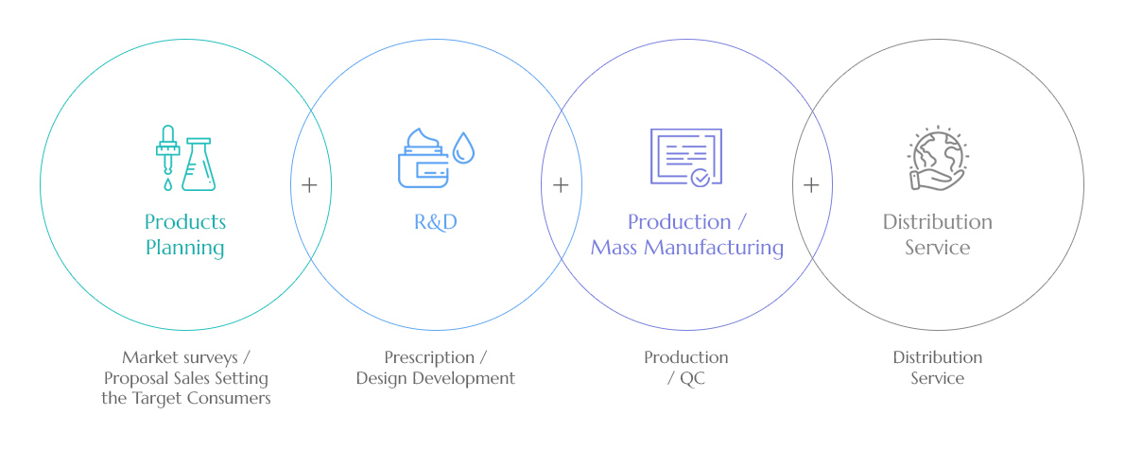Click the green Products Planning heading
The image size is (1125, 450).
[x=185, y=234]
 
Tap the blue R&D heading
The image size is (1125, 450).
[x=436, y=222]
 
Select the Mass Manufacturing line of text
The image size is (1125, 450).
[x=686, y=248]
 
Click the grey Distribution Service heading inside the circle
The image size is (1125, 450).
[x=937, y=234]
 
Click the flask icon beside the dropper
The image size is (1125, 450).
[x=198, y=164]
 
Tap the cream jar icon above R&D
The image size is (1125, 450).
[x=424, y=159]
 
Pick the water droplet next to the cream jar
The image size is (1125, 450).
[x=463, y=147]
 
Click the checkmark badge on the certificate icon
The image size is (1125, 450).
[x=700, y=177]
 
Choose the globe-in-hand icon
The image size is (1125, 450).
[x=938, y=159]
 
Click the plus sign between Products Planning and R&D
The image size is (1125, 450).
[x=309, y=185]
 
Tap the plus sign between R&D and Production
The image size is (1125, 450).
[x=561, y=185]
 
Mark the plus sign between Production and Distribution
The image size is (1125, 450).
[x=811, y=185]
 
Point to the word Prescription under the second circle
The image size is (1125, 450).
[x=429, y=357]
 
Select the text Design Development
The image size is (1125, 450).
[x=436, y=378]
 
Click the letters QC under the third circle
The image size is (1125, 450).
[x=692, y=378]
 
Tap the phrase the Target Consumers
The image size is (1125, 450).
[x=186, y=398]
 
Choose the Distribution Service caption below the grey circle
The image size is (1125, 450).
[x=937, y=368]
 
